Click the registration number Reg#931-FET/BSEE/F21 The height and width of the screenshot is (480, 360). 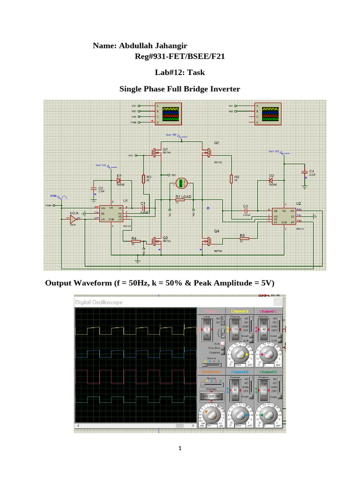tap(180, 57)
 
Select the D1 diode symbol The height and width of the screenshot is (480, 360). tap(119, 180)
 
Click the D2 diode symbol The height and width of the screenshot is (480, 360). tap(270, 180)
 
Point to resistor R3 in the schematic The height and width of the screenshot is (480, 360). tap(143, 179)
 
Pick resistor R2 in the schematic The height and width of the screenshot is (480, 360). tap(231, 179)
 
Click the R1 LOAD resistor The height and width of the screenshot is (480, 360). tap(180, 200)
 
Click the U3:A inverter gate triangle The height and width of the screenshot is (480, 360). tap(73, 218)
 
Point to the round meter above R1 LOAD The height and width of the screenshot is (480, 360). tap(180, 183)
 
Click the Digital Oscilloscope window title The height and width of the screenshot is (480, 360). tap(99, 302)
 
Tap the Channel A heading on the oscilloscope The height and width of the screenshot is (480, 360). tap(240, 311)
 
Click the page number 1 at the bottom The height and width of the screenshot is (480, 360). tap(180, 449)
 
